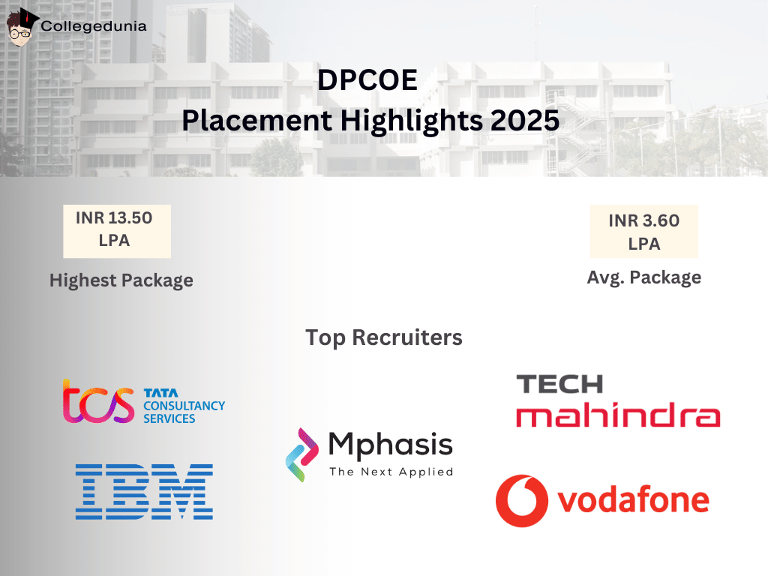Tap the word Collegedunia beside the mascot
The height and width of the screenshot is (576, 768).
[94, 25]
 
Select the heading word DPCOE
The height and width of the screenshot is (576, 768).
[367, 80]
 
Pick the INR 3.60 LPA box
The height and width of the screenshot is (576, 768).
[644, 232]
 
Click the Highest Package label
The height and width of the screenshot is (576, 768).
[121, 280]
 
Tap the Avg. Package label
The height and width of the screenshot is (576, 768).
[644, 277]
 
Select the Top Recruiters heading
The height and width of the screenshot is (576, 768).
[384, 337]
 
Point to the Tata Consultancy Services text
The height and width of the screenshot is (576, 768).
[184, 406]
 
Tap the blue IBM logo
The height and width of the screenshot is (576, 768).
[144, 492]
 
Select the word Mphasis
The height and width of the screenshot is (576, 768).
[391, 445]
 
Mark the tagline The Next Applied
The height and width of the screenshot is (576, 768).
[391, 472]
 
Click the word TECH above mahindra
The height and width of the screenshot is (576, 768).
[559, 384]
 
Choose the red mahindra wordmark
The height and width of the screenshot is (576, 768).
[618, 416]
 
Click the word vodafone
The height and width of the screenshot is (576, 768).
[634, 499]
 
